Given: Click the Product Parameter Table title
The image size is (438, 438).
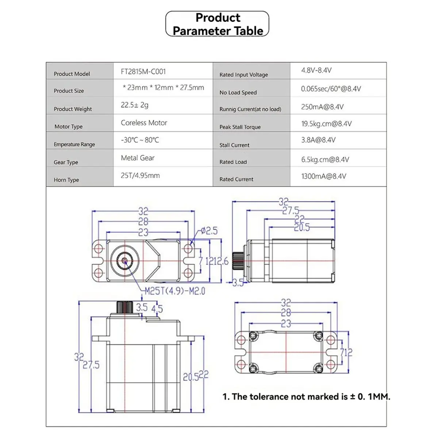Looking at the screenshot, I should tap(218, 24).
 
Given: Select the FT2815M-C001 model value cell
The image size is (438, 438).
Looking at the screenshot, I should tap(143, 72).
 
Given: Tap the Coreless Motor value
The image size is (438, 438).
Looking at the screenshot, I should tap(144, 123).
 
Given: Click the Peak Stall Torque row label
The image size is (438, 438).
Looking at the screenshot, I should tap(240, 127).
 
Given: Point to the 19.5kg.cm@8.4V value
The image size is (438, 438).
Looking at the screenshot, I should tap(326, 124).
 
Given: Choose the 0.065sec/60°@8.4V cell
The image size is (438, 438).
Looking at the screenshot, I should tap(331, 89).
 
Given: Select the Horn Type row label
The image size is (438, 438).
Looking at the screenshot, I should tap(66, 180).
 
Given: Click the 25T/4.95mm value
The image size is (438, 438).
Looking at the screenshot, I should tap(140, 176).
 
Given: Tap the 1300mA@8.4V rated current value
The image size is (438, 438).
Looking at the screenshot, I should tap(323, 176).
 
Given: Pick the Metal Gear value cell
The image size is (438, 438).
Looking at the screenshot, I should tap(138, 158).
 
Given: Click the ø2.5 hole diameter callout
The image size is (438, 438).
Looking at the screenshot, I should tap(209, 231).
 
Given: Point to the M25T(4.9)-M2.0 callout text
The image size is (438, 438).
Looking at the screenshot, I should tap(174, 291).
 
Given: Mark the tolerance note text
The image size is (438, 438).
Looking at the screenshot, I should tap(306, 397).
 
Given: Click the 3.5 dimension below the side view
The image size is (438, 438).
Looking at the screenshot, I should tap(238, 283).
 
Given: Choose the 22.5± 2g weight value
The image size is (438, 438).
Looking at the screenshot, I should tap(135, 105).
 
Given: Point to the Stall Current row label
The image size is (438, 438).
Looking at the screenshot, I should tap(234, 145).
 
